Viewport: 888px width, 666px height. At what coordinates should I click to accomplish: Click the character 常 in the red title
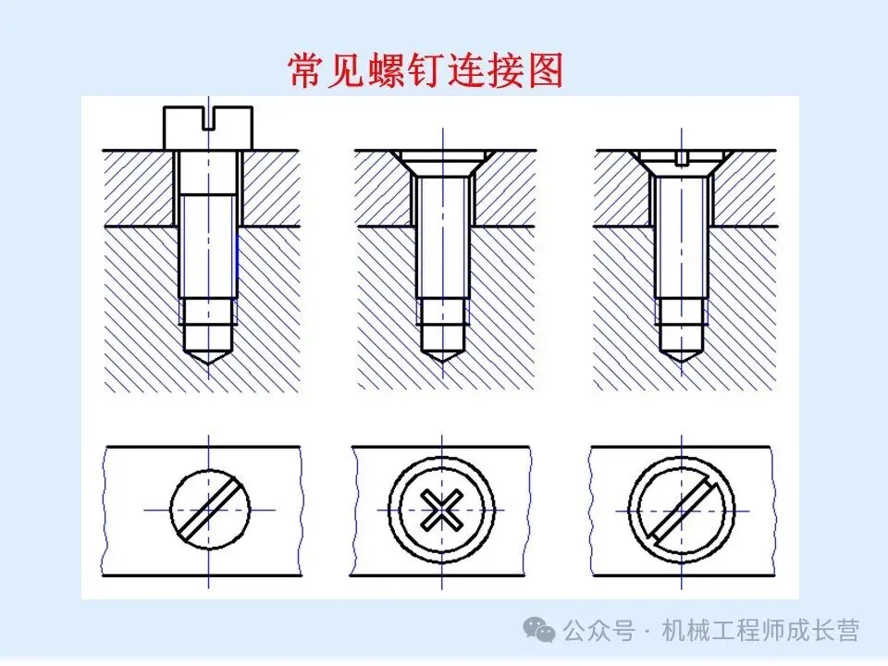306,70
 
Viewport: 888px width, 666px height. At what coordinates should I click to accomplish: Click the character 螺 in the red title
386,70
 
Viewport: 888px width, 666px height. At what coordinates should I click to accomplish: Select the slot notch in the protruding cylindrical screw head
208,119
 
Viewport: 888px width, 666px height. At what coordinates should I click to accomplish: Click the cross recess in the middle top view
442,510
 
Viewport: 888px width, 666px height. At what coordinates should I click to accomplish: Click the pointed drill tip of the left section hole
208,357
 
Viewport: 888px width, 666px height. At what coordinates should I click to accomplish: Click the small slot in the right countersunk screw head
682,158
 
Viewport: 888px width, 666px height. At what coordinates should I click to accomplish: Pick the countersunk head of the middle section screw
442,163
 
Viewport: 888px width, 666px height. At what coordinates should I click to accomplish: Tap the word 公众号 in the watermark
599,630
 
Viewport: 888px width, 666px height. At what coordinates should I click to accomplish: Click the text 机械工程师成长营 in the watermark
760,630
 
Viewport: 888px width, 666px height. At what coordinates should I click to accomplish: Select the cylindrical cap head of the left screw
208,128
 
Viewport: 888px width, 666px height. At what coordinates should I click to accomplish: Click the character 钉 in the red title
425,70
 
